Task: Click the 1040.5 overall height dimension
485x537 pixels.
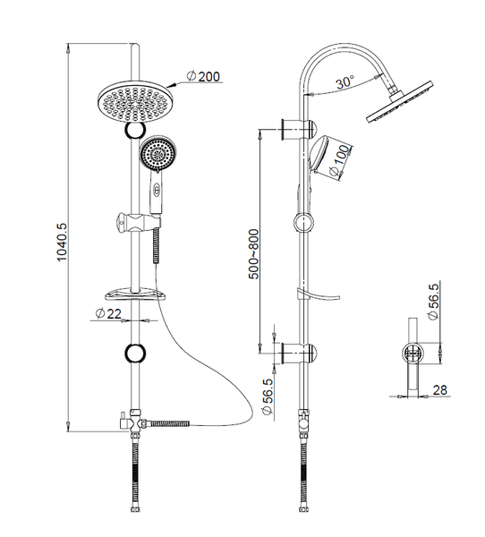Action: click(x=63, y=242)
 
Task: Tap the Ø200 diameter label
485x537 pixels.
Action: click(x=203, y=76)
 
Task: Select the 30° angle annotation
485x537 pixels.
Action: click(x=345, y=82)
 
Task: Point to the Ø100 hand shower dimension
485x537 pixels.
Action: click(x=340, y=163)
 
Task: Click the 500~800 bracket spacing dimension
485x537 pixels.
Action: click(x=254, y=254)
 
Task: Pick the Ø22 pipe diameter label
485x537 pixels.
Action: click(x=109, y=313)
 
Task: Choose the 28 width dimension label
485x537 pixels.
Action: click(x=439, y=389)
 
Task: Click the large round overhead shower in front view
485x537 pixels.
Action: click(x=133, y=101)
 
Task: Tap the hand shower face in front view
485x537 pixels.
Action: click(x=157, y=153)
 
